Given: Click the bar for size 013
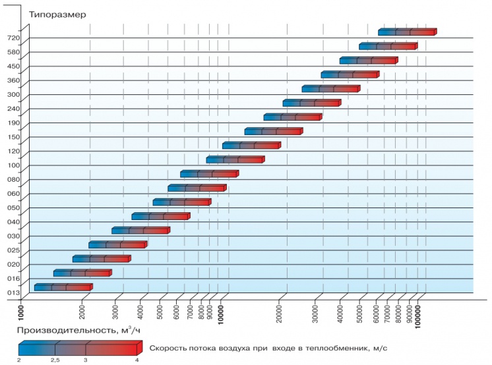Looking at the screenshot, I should coord(63,287).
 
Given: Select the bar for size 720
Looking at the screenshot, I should coord(407,32).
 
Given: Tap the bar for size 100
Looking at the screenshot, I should coord(235,159).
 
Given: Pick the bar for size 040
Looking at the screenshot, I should coord(160,216).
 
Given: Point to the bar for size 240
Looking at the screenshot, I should coord(311,103).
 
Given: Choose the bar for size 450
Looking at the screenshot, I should coord(368,61).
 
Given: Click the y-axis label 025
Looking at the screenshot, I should coord(14,250).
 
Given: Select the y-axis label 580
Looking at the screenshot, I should coord(14,52).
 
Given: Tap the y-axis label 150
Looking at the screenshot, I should coord(14,137).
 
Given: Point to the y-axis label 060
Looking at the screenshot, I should coord(14,194).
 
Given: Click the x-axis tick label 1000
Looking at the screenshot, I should coord(21,311).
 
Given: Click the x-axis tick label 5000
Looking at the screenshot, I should coord(160,309).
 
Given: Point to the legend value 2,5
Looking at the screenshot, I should coord(55,360).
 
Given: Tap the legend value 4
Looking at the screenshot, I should coord(137,360).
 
